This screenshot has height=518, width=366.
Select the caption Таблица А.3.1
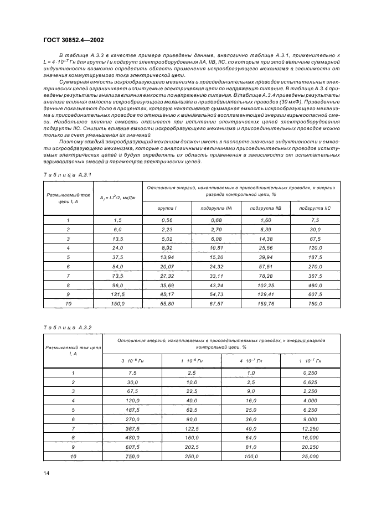click(x=63, y=175)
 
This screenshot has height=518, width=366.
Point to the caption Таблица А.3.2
click(x=63, y=328)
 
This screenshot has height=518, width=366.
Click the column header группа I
click(x=167, y=208)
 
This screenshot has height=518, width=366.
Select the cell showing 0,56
click(x=167, y=220)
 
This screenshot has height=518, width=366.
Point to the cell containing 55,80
click(x=167, y=303)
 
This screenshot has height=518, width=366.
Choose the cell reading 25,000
click(x=310, y=456)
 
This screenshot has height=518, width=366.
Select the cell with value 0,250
click(x=310, y=373)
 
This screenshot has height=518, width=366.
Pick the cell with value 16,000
click(x=310, y=438)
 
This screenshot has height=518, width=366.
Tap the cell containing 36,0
click(x=250, y=419)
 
